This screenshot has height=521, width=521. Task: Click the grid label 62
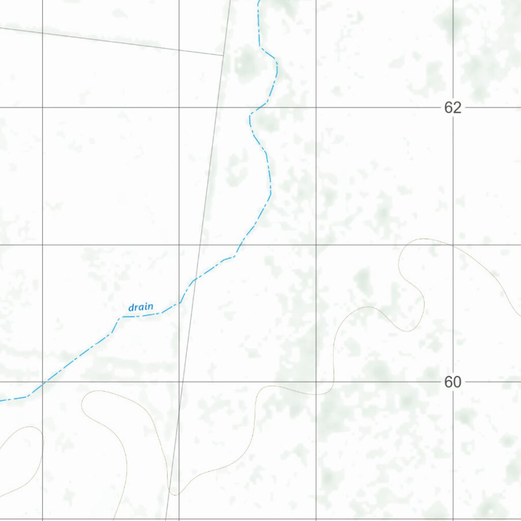pyautogui.click(x=452, y=108)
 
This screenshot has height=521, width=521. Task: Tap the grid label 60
pyautogui.click(x=452, y=382)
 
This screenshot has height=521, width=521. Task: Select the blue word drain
pyautogui.click(x=140, y=307)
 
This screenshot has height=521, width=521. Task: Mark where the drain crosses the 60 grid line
pyautogui.click(x=42, y=382)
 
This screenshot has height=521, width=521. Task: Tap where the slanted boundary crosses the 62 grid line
pyautogui.click(x=217, y=107)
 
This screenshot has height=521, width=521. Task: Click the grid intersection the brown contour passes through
pyautogui.click(x=453, y=245)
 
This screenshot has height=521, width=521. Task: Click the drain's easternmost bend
pyautogui.click(x=277, y=64)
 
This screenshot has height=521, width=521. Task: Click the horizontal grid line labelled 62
pyautogui.click(x=356, y=107)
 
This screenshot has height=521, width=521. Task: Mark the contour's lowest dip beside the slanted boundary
pyautogui.click(x=175, y=494)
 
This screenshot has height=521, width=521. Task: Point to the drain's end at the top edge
pyautogui.click(x=259, y=2)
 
